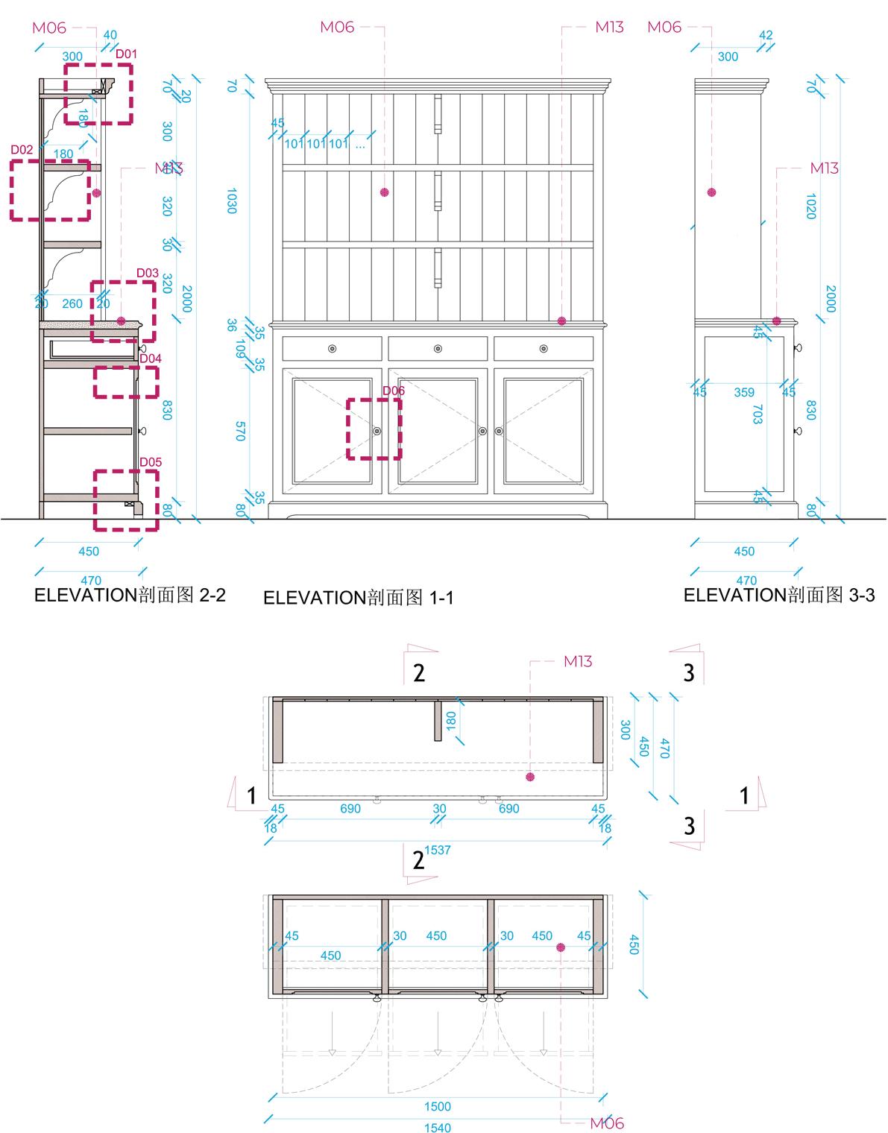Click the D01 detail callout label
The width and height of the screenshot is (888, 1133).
click(x=126, y=54)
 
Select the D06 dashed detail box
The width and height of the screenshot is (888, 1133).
click(x=374, y=429)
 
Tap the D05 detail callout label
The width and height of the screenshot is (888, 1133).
click(x=151, y=462)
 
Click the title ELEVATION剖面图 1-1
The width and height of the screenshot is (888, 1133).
click(x=358, y=598)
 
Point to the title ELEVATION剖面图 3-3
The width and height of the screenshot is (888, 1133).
click(x=779, y=595)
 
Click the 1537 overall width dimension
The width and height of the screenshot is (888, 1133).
click(x=438, y=850)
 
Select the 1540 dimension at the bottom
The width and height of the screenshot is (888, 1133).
click(x=438, y=1127)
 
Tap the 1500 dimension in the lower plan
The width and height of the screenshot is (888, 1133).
click(x=438, y=1106)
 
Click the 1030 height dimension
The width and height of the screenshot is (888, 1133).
click(x=231, y=201)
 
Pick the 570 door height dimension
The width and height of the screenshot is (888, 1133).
click(x=239, y=431)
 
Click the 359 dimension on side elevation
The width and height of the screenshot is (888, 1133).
click(x=744, y=392)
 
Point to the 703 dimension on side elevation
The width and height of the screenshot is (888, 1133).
click(x=758, y=414)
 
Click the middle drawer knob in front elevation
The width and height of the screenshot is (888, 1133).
click(x=438, y=348)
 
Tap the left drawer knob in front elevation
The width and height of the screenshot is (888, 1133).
click(x=332, y=348)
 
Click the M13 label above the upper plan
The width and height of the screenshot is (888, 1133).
click(x=578, y=661)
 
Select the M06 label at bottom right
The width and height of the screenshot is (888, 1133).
click(x=606, y=1123)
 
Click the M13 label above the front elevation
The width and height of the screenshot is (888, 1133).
click(x=609, y=28)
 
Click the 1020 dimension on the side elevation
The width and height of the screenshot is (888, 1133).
click(x=811, y=206)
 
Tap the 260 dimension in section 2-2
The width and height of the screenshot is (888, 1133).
click(x=72, y=303)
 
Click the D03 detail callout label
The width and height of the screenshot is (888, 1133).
click(x=147, y=273)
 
